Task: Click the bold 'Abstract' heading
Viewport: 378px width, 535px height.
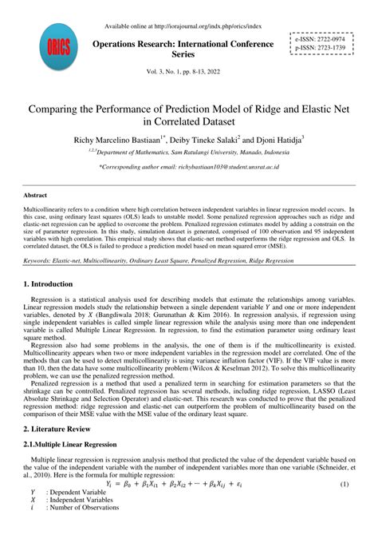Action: pyautogui.click(x=37, y=194)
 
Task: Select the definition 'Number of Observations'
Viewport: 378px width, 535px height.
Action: pyautogui.click(x=89, y=512)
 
